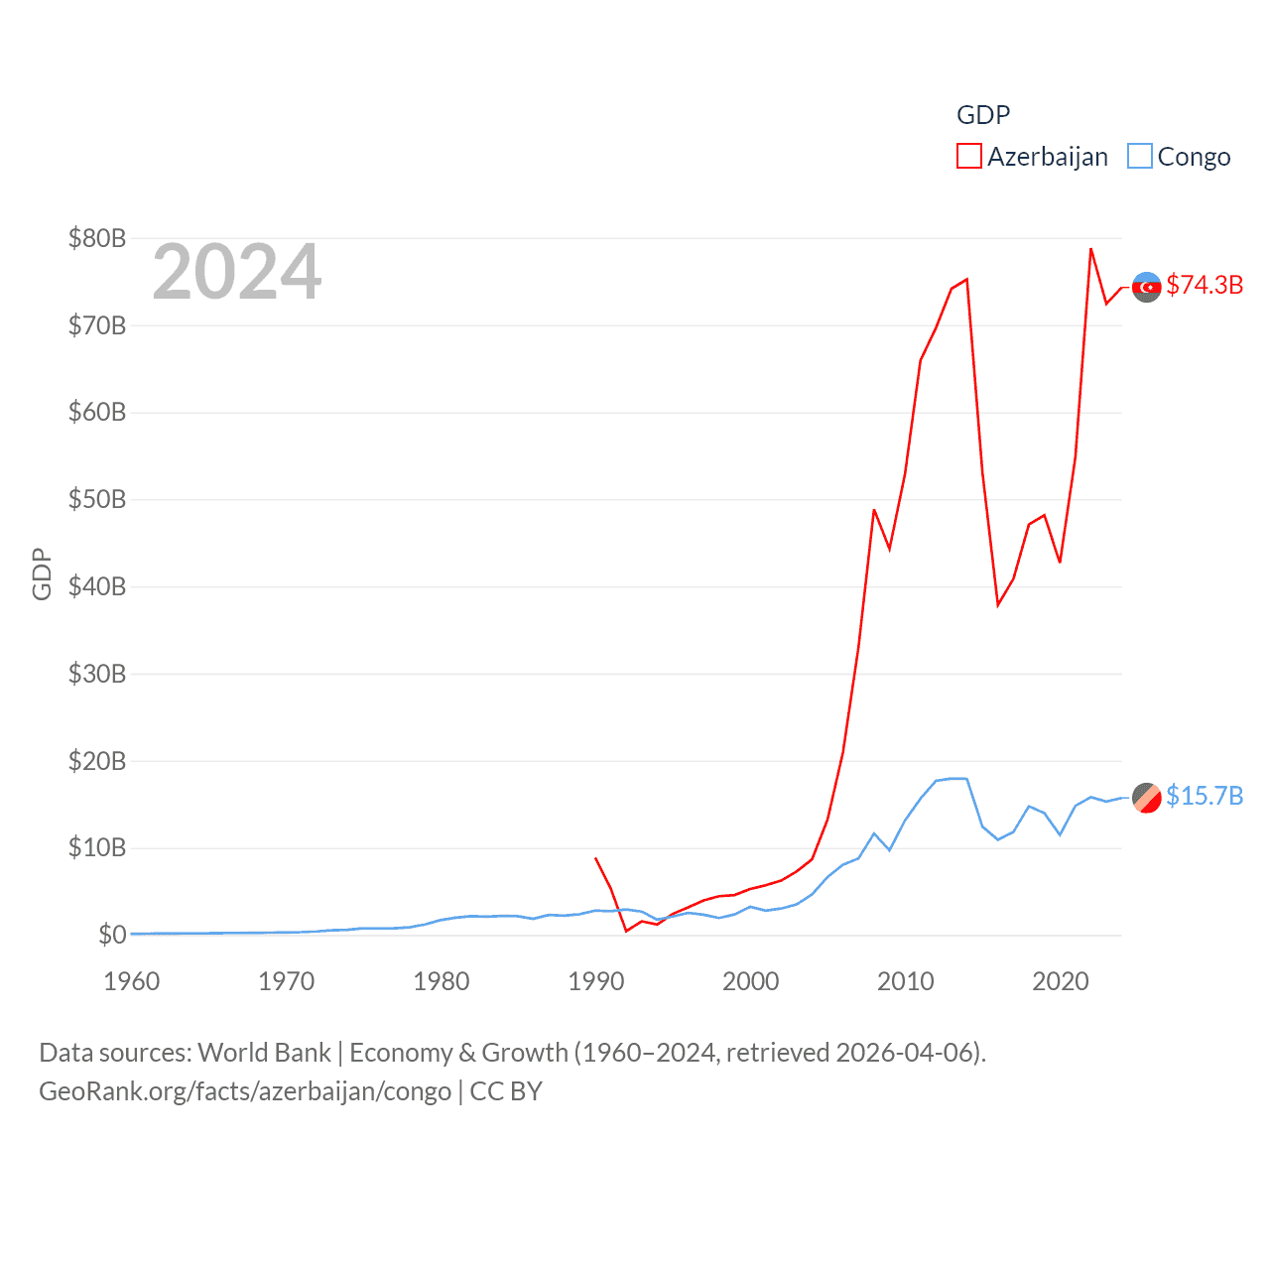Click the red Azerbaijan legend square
point(968,157)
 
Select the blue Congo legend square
point(1140,157)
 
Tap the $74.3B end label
point(1205,285)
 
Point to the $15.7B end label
point(1205,796)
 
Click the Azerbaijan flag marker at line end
point(1147,287)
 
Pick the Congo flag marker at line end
point(1147,797)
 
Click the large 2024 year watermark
point(237,272)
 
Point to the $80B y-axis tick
point(97,238)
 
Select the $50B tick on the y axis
point(97,499)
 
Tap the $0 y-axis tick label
point(112,935)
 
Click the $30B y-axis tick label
point(97,674)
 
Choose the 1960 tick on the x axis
point(132,981)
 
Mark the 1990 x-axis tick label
point(596,981)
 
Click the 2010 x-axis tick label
point(906,981)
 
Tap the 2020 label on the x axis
point(1061,981)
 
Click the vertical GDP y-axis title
point(42,573)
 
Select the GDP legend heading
point(983,115)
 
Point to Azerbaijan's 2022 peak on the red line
point(1090,249)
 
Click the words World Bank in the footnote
point(265,1052)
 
